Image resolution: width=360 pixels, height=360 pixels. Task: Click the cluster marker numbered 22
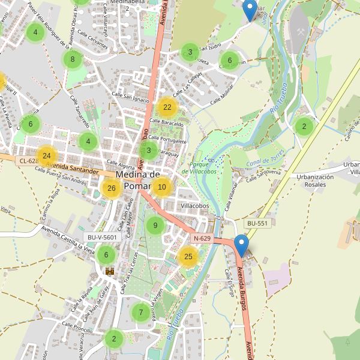coord(167,107)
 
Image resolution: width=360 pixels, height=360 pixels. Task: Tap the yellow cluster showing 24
coord(46,155)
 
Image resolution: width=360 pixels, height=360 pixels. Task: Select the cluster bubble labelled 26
coord(111,188)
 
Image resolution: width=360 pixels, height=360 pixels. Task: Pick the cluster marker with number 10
coord(161,187)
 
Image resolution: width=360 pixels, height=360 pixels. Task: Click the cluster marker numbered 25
coord(188,257)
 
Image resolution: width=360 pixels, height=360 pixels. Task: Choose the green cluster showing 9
coord(155,226)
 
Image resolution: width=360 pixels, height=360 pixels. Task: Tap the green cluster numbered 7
coord(141,313)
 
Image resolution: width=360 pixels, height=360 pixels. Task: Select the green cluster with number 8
coord(73,59)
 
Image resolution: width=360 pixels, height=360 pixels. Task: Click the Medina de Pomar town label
coord(137,180)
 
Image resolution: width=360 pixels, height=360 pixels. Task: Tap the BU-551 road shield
coord(257,223)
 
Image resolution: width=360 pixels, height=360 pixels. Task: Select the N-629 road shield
coord(202,239)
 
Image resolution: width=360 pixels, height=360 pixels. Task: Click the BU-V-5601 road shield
coord(104,237)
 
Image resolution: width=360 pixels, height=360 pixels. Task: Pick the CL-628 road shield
coord(28,161)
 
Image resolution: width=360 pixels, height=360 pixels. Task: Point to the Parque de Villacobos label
coord(203,167)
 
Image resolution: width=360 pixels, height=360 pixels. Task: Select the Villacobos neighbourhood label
coord(194,205)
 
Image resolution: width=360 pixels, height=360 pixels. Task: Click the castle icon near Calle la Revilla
coord(110,272)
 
